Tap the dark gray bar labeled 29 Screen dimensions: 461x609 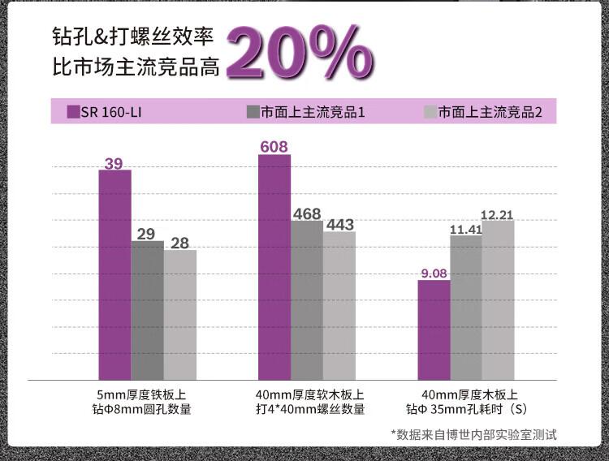click(147, 310)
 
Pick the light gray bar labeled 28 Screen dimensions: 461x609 click(179, 315)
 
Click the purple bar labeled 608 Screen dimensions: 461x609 click(274, 267)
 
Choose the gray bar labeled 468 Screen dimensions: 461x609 click(307, 299)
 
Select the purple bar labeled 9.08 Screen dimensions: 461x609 click(434, 330)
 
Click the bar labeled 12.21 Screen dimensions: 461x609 click(498, 299)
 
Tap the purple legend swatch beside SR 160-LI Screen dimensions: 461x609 click(73, 112)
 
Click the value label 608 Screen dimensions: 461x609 click(274, 147)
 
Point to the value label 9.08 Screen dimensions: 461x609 click(434, 274)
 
